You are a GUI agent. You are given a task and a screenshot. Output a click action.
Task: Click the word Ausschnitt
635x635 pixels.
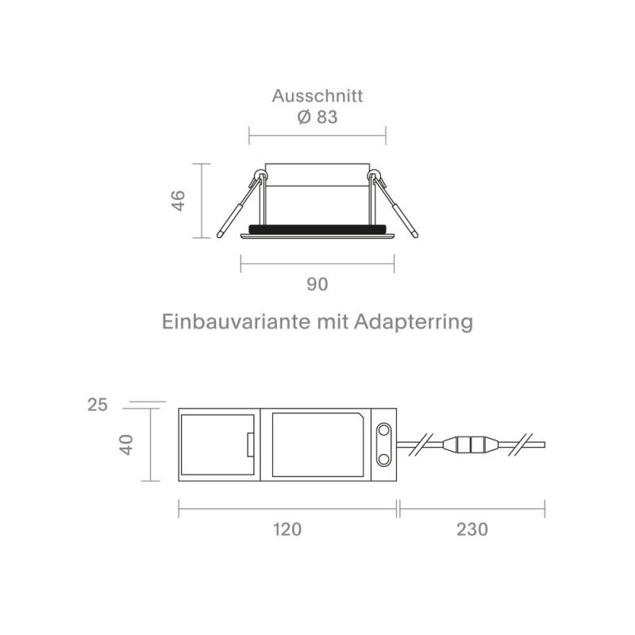pos(317,97)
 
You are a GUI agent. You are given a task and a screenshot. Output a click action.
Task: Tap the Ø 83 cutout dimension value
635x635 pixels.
pos(317,117)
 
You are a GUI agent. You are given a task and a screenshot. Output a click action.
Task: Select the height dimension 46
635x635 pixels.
pos(179,200)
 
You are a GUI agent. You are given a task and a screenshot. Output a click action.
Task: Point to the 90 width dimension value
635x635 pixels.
pos(317,283)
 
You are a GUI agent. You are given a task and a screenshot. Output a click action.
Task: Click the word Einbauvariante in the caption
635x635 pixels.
pos(230,323)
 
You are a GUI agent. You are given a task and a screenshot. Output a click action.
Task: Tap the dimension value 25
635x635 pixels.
pos(97,406)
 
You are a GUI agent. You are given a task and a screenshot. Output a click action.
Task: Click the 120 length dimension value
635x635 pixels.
pos(287,529)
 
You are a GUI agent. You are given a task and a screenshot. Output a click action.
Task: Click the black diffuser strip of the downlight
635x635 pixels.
pos(317,229)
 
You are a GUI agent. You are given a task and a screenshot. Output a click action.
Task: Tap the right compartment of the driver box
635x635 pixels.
pos(317,445)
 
